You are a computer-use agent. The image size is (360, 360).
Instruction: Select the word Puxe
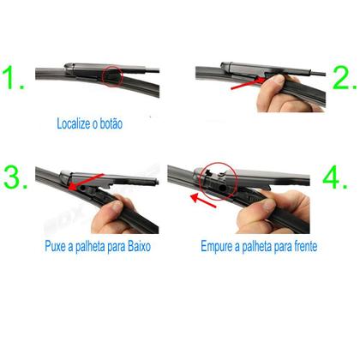(57, 247)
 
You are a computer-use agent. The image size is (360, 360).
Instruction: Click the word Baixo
(141, 247)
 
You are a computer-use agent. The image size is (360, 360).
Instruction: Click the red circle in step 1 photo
(112, 79)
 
